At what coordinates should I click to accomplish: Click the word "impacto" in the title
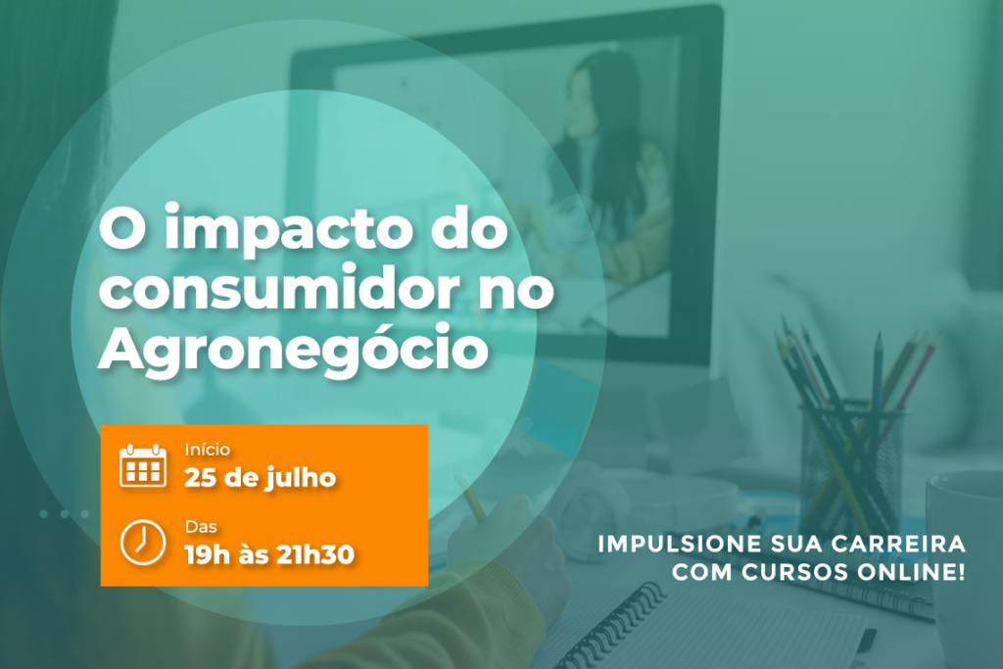click(287, 231)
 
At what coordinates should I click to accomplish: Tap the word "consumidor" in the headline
click(279, 288)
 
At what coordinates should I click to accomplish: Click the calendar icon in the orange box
click(143, 465)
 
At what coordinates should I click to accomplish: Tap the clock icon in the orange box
click(143, 543)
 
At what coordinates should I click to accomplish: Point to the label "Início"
click(208, 450)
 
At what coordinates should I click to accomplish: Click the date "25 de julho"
click(261, 478)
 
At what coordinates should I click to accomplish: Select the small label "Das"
click(201, 527)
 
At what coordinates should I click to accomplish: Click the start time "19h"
click(208, 554)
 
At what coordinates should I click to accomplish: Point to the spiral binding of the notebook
click(607, 627)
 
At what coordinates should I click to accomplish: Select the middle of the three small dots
click(64, 513)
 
